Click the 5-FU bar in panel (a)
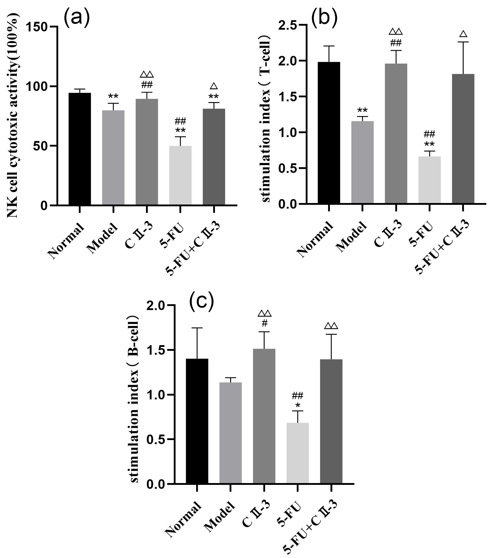click(180, 176)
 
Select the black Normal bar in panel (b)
click(329, 133)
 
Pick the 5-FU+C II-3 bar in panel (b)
click(463, 139)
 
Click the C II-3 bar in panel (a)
click(147, 152)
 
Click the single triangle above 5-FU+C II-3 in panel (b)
click(463, 34)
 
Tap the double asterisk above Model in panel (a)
click(113, 97)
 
